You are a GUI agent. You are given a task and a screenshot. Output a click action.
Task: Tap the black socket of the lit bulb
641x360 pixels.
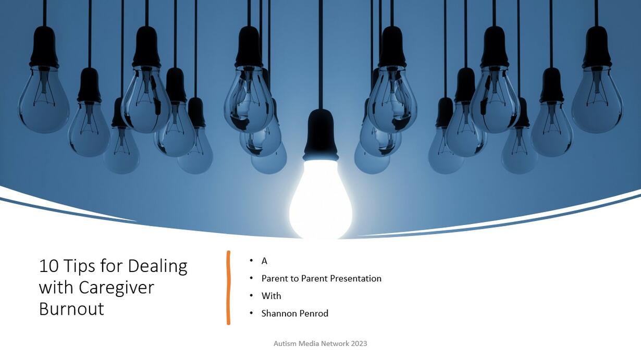click(321, 134)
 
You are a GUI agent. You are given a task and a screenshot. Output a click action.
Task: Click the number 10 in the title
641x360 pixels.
click(48, 266)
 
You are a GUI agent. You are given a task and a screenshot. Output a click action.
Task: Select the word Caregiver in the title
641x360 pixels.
click(116, 288)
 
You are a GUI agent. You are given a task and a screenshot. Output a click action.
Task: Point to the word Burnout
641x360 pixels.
click(71, 308)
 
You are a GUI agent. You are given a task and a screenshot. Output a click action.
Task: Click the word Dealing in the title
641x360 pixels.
click(157, 266)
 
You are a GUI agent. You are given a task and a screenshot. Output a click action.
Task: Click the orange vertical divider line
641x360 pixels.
click(228, 288)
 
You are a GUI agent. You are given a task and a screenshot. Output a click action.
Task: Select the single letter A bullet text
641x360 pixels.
click(264, 261)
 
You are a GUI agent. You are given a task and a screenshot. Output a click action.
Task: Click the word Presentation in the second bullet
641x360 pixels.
click(355, 278)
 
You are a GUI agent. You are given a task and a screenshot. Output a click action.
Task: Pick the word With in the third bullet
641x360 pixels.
click(272, 296)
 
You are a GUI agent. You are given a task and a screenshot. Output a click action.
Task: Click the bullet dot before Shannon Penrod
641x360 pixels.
click(251, 313)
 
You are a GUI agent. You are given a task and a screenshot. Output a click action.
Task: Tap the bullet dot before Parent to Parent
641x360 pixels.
click(251, 278)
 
